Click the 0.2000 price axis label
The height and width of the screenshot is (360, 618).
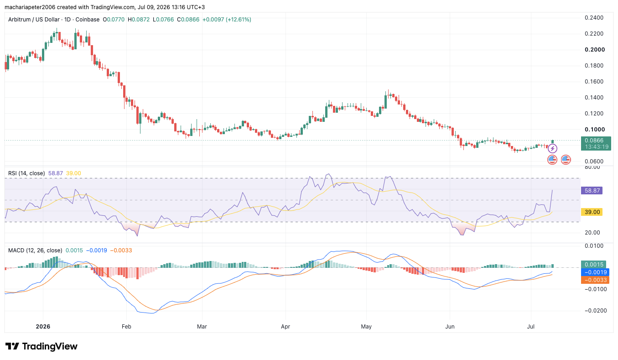coord(595,50)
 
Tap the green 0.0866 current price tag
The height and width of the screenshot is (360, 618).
coord(596,144)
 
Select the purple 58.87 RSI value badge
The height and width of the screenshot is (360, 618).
coord(592,190)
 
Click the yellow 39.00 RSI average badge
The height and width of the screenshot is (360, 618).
coord(592,212)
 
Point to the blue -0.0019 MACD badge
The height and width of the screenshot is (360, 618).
coord(595,272)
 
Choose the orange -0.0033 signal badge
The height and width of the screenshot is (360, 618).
coord(595,280)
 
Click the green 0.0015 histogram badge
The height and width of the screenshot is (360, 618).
coord(593,265)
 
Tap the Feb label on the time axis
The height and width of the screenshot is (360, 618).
coord(126,327)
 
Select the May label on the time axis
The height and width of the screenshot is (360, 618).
coord(366,327)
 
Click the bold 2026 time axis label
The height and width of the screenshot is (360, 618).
coord(43,327)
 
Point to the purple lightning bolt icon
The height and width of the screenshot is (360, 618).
coord(552,149)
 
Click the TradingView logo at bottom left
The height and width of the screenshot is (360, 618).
coord(42,346)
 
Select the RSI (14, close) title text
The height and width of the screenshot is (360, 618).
coord(26,173)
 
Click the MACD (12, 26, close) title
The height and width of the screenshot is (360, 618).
coord(35,250)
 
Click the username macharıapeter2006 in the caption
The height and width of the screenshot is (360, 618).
coord(30,7)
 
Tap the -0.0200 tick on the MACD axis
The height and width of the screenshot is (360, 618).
coord(595,311)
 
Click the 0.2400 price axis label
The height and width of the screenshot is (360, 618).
coord(594,18)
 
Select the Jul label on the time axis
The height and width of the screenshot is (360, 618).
coord(530,327)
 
